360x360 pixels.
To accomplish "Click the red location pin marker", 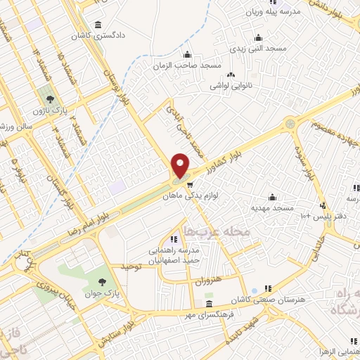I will [x=181, y=165].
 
